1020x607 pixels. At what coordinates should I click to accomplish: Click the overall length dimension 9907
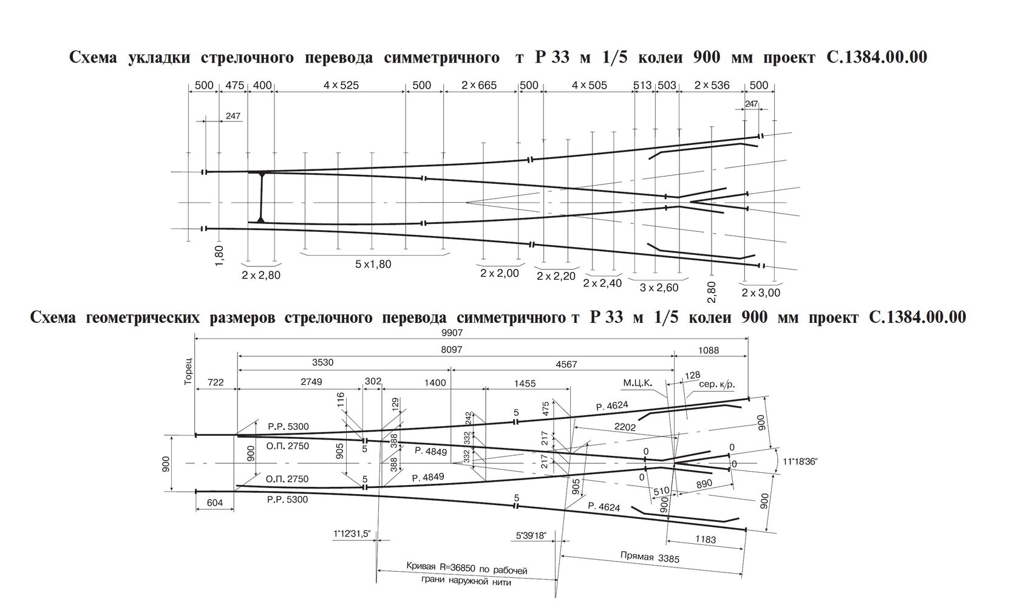point(452,333)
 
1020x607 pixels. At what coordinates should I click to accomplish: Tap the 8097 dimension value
point(452,350)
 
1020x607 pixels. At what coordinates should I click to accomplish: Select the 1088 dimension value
point(708,350)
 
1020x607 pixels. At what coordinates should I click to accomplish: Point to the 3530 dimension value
point(322,362)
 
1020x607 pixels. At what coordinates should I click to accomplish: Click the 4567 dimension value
point(566,364)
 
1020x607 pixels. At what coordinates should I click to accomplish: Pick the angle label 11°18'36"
point(800,461)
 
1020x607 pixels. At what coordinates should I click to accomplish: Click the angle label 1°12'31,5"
point(352,534)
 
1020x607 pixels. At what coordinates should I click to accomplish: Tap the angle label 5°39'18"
point(531,535)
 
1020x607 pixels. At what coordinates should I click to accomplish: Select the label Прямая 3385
point(650,557)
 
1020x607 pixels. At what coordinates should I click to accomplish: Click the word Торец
point(188,372)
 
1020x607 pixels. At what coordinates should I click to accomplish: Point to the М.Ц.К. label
point(637,383)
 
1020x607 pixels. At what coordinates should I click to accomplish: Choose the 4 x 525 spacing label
point(341,85)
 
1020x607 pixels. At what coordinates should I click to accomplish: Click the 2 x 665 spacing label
point(479,85)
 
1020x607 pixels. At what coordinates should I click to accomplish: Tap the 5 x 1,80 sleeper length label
point(373,264)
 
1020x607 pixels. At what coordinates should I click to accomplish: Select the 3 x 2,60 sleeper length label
point(659,288)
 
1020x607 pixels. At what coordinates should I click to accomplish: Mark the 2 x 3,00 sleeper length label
point(761,293)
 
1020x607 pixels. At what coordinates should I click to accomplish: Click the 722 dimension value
point(216,382)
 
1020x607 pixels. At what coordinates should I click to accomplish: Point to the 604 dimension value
point(214,502)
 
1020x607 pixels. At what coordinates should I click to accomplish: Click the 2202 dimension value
point(625,427)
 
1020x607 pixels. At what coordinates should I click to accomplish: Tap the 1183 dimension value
point(705,540)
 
